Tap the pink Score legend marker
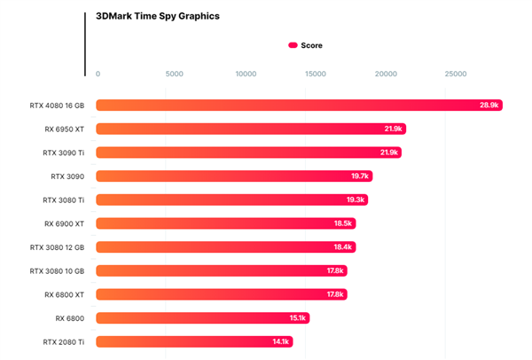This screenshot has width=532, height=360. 293,44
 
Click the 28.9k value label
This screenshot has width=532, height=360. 490,106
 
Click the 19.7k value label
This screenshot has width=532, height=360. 360,176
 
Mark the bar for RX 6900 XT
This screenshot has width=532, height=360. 222,223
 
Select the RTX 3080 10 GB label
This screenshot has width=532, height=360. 58,270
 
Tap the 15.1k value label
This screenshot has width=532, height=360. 297,317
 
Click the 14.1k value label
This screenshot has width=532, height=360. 281,341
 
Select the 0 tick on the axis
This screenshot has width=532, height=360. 98,74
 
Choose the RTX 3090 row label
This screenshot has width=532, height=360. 68,176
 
